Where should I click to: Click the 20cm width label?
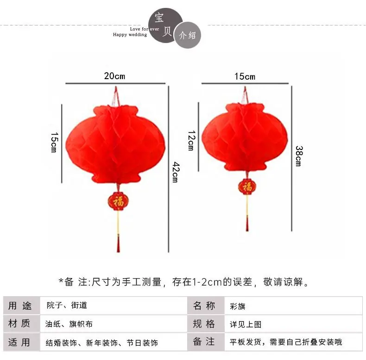[114, 76]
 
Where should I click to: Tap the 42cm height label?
[176, 172]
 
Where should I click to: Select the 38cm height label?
[299, 156]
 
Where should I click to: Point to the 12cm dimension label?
[191, 140]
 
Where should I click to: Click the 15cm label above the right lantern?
[245, 76]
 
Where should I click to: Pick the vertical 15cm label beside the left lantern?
[54, 143]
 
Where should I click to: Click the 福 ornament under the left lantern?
[118, 201]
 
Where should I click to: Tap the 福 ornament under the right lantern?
[247, 186]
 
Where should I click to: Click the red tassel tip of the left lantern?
[118, 251]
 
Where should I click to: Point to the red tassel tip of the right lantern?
[247, 230]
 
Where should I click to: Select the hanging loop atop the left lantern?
[116, 96]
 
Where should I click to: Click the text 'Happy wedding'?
[130, 35]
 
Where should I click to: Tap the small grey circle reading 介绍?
[188, 35]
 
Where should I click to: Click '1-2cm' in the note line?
[207, 282]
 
